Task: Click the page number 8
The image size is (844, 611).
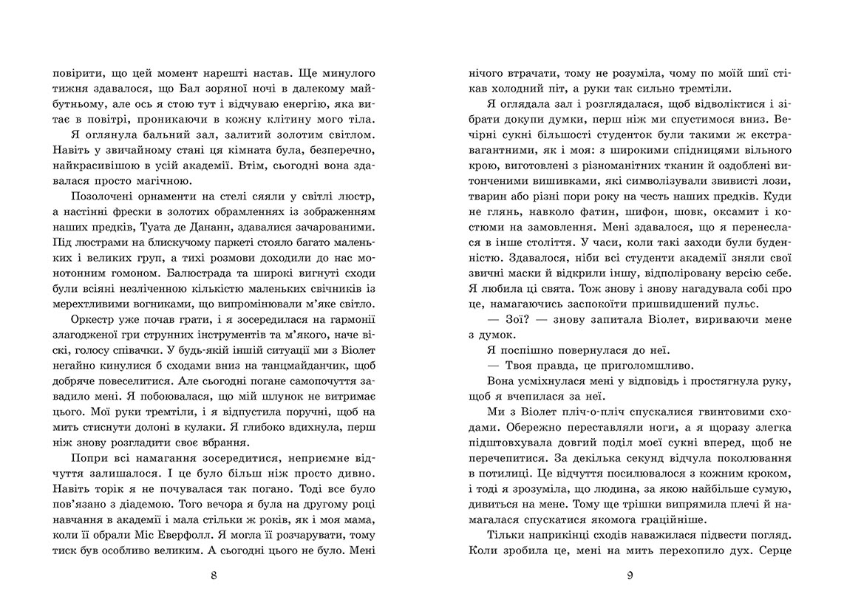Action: [x=213, y=576]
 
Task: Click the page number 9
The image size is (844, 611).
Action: [x=630, y=576]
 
